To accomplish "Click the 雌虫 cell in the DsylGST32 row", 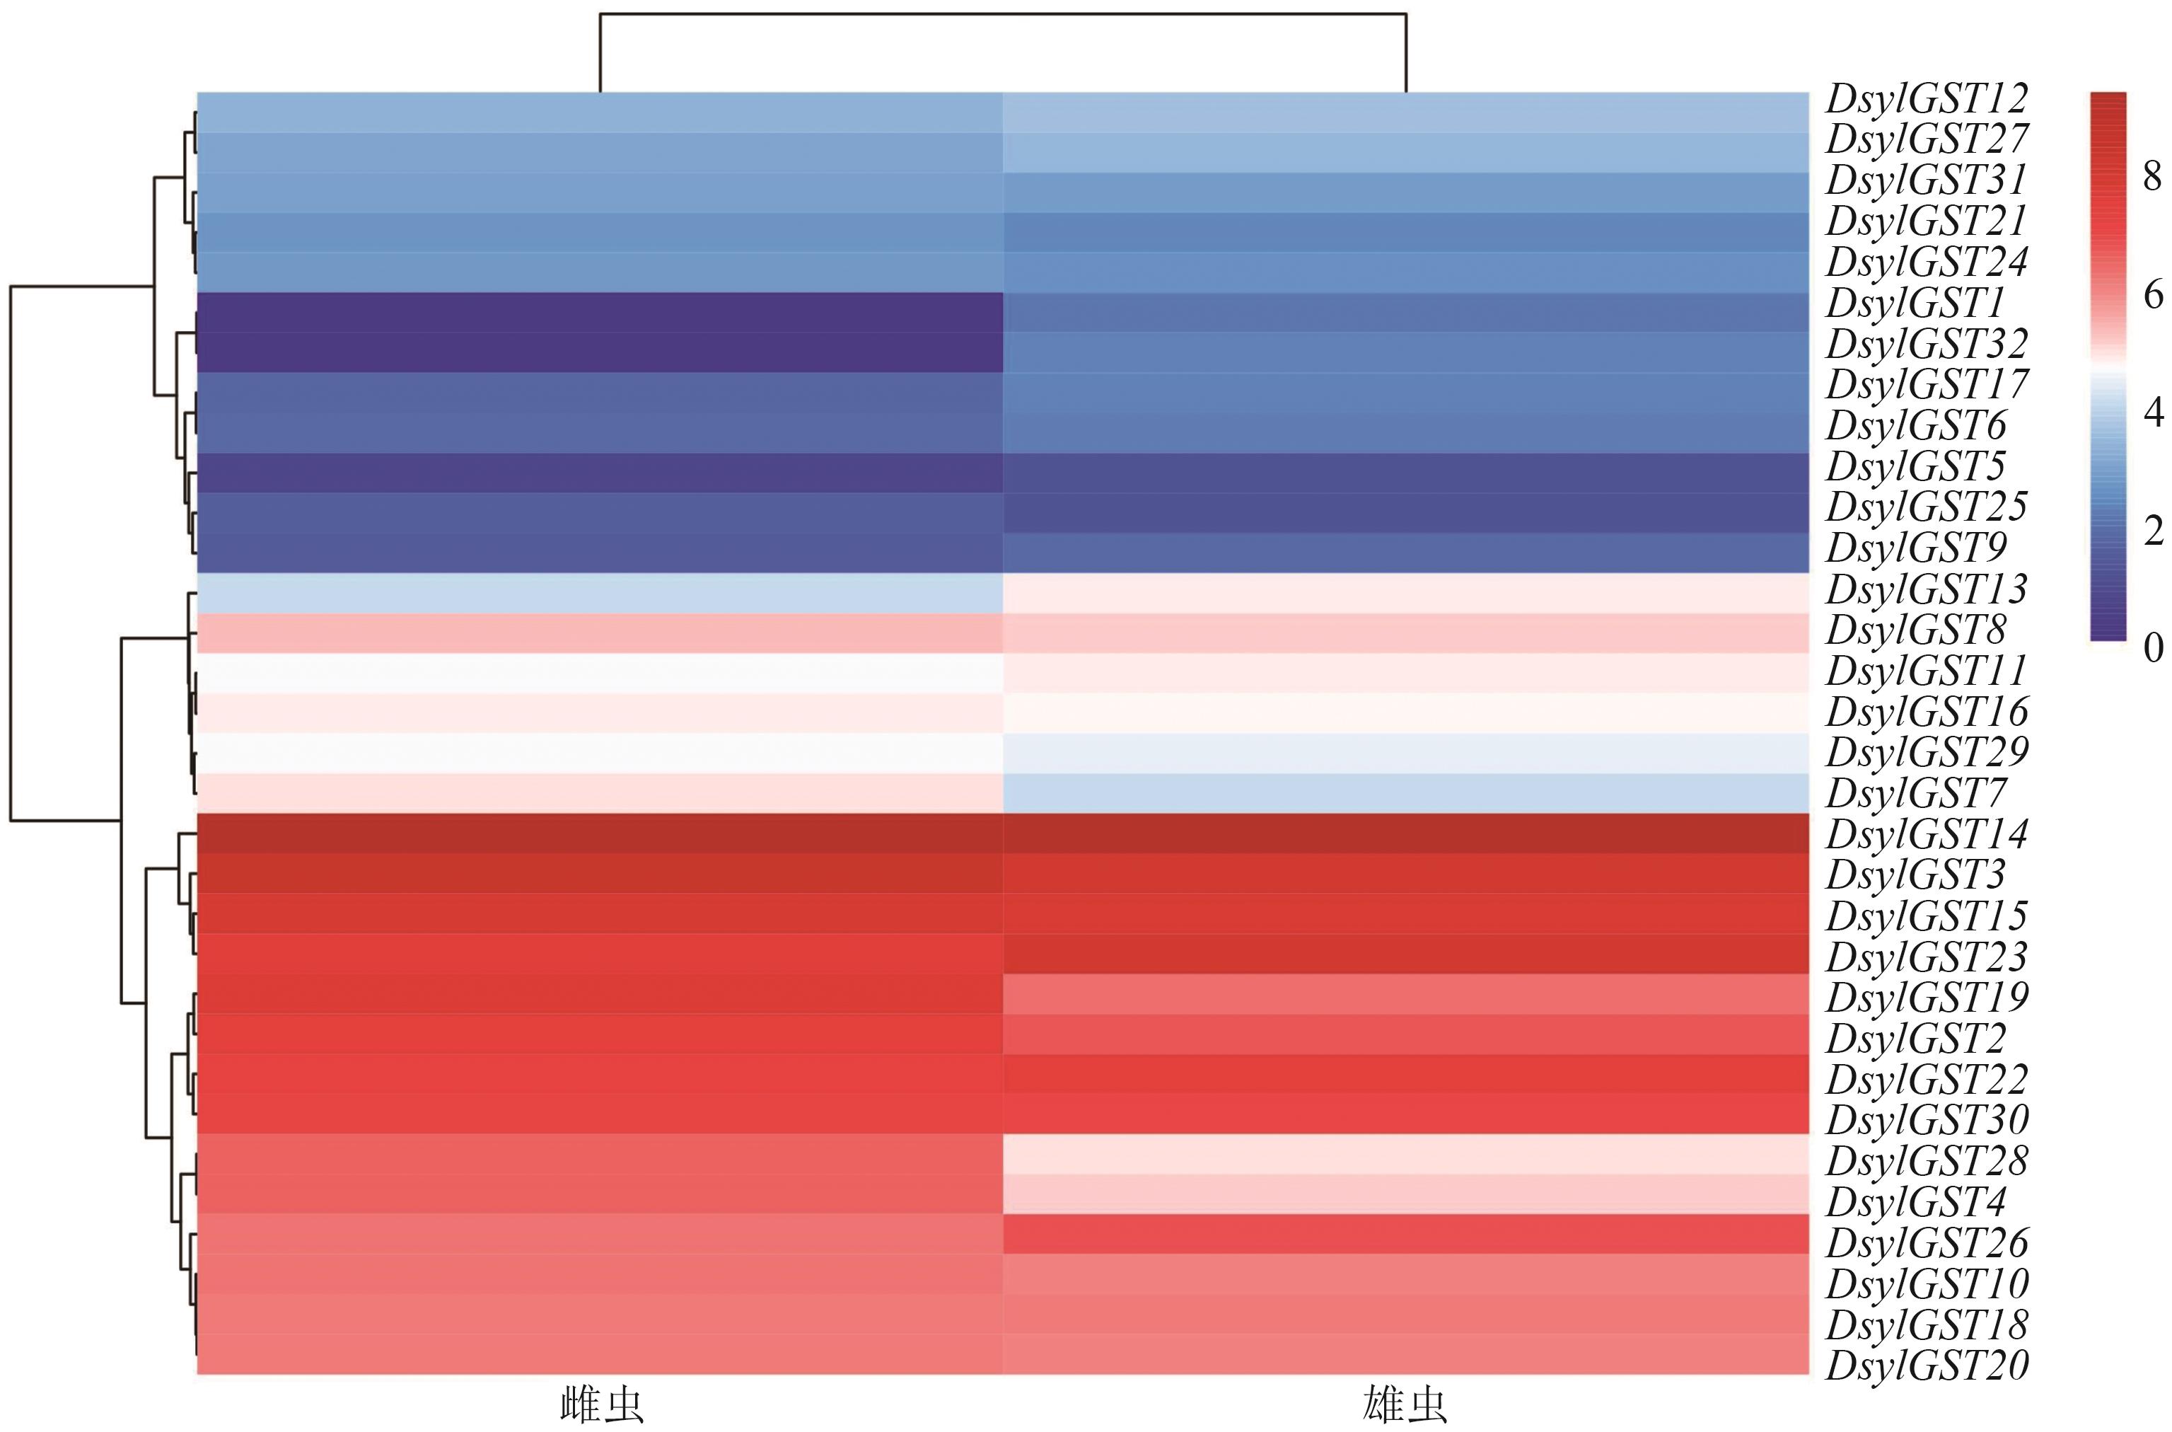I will point(600,352).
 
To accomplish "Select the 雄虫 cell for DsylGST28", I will point(1405,1153).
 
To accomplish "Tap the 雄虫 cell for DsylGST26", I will point(1405,1235).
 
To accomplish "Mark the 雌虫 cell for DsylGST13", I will point(600,594).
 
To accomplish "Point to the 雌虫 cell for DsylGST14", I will point(600,833).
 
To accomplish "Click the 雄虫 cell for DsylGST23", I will point(1405,954).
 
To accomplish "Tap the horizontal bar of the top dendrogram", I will point(1002,13).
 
